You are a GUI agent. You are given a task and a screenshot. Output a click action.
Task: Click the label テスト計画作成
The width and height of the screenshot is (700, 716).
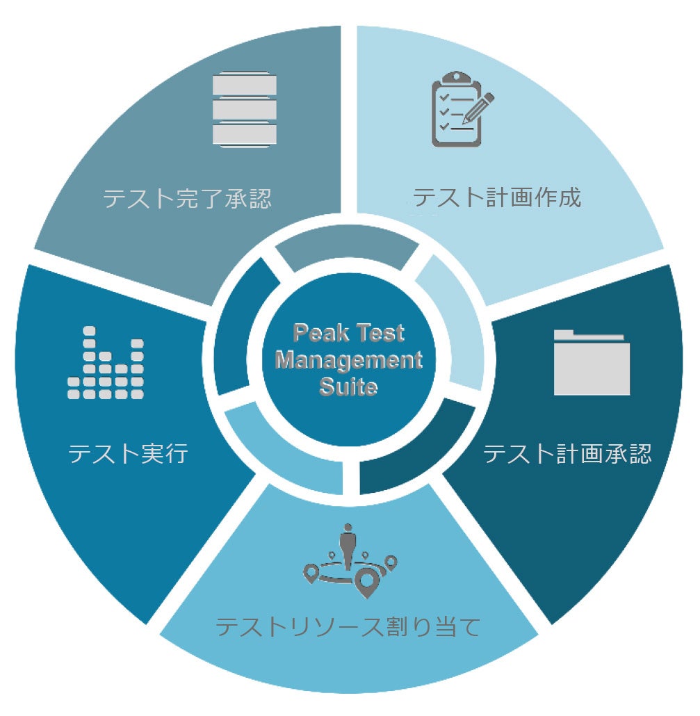496,198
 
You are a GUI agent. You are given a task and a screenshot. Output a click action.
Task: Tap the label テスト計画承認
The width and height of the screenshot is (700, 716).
567,455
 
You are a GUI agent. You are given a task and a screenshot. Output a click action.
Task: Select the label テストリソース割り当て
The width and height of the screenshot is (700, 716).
348,627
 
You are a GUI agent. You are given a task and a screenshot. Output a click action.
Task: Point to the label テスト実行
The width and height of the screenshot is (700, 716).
129,455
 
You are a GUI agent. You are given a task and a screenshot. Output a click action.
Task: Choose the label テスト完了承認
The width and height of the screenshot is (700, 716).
187,200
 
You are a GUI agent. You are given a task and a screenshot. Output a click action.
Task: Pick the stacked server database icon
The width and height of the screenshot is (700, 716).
244,109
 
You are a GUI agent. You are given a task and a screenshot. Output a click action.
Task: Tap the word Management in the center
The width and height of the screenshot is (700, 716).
349,360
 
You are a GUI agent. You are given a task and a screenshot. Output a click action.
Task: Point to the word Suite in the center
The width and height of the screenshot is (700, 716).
349,386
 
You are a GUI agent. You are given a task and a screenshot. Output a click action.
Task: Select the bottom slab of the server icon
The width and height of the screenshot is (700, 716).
244,133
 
